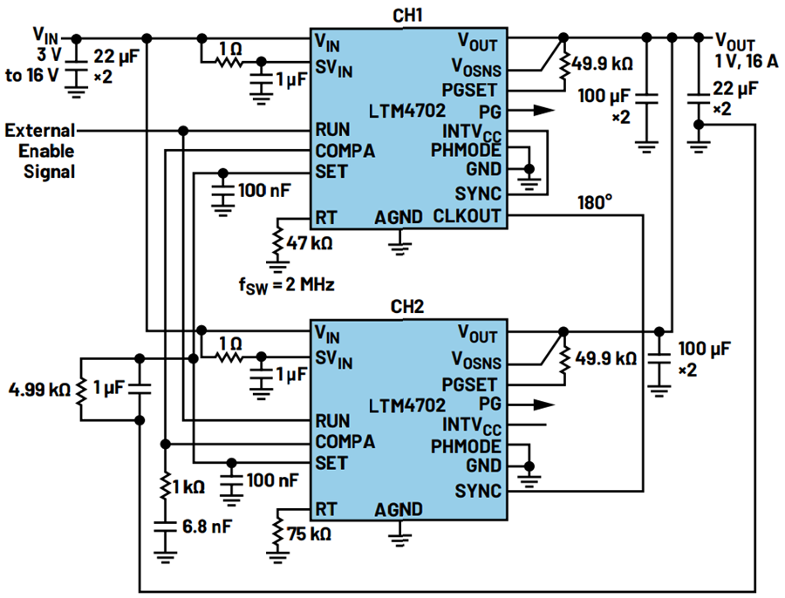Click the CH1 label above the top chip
(408, 16)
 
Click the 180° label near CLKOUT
(596, 202)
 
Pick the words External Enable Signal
(40, 150)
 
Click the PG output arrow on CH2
(543, 404)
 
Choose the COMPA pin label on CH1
(345, 151)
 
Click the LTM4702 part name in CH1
(407, 111)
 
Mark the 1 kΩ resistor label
(190, 485)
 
